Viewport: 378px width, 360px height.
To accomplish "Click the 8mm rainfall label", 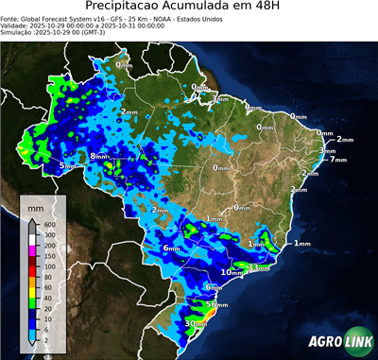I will click(x=99, y=156).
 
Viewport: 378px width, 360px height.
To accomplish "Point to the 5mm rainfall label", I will click(x=67, y=166).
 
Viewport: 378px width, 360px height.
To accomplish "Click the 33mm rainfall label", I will click(x=258, y=267).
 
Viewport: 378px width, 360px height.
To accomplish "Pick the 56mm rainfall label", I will click(x=217, y=304).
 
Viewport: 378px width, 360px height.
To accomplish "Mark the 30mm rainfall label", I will click(x=196, y=323).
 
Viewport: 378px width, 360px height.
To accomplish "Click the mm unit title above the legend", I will click(x=35, y=205).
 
